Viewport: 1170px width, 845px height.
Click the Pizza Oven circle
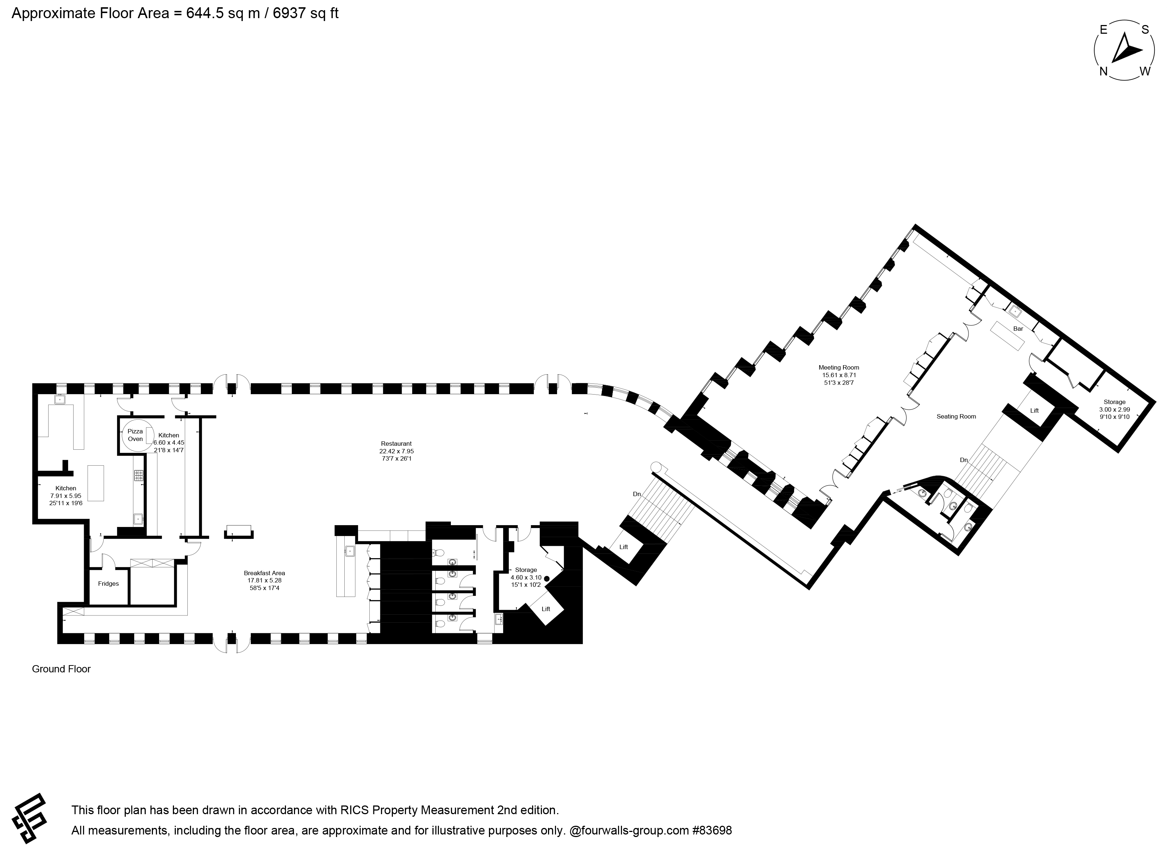(x=123, y=435)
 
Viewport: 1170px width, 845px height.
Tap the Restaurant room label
(x=396, y=444)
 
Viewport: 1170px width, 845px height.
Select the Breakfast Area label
(x=264, y=573)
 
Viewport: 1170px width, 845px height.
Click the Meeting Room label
(x=839, y=367)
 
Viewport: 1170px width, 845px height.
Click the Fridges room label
(x=108, y=584)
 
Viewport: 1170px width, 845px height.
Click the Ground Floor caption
(x=61, y=669)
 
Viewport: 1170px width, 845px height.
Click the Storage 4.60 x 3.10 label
(x=526, y=577)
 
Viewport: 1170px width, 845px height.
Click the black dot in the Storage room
(x=547, y=579)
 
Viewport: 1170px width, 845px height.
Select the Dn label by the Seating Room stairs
(x=964, y=460)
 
